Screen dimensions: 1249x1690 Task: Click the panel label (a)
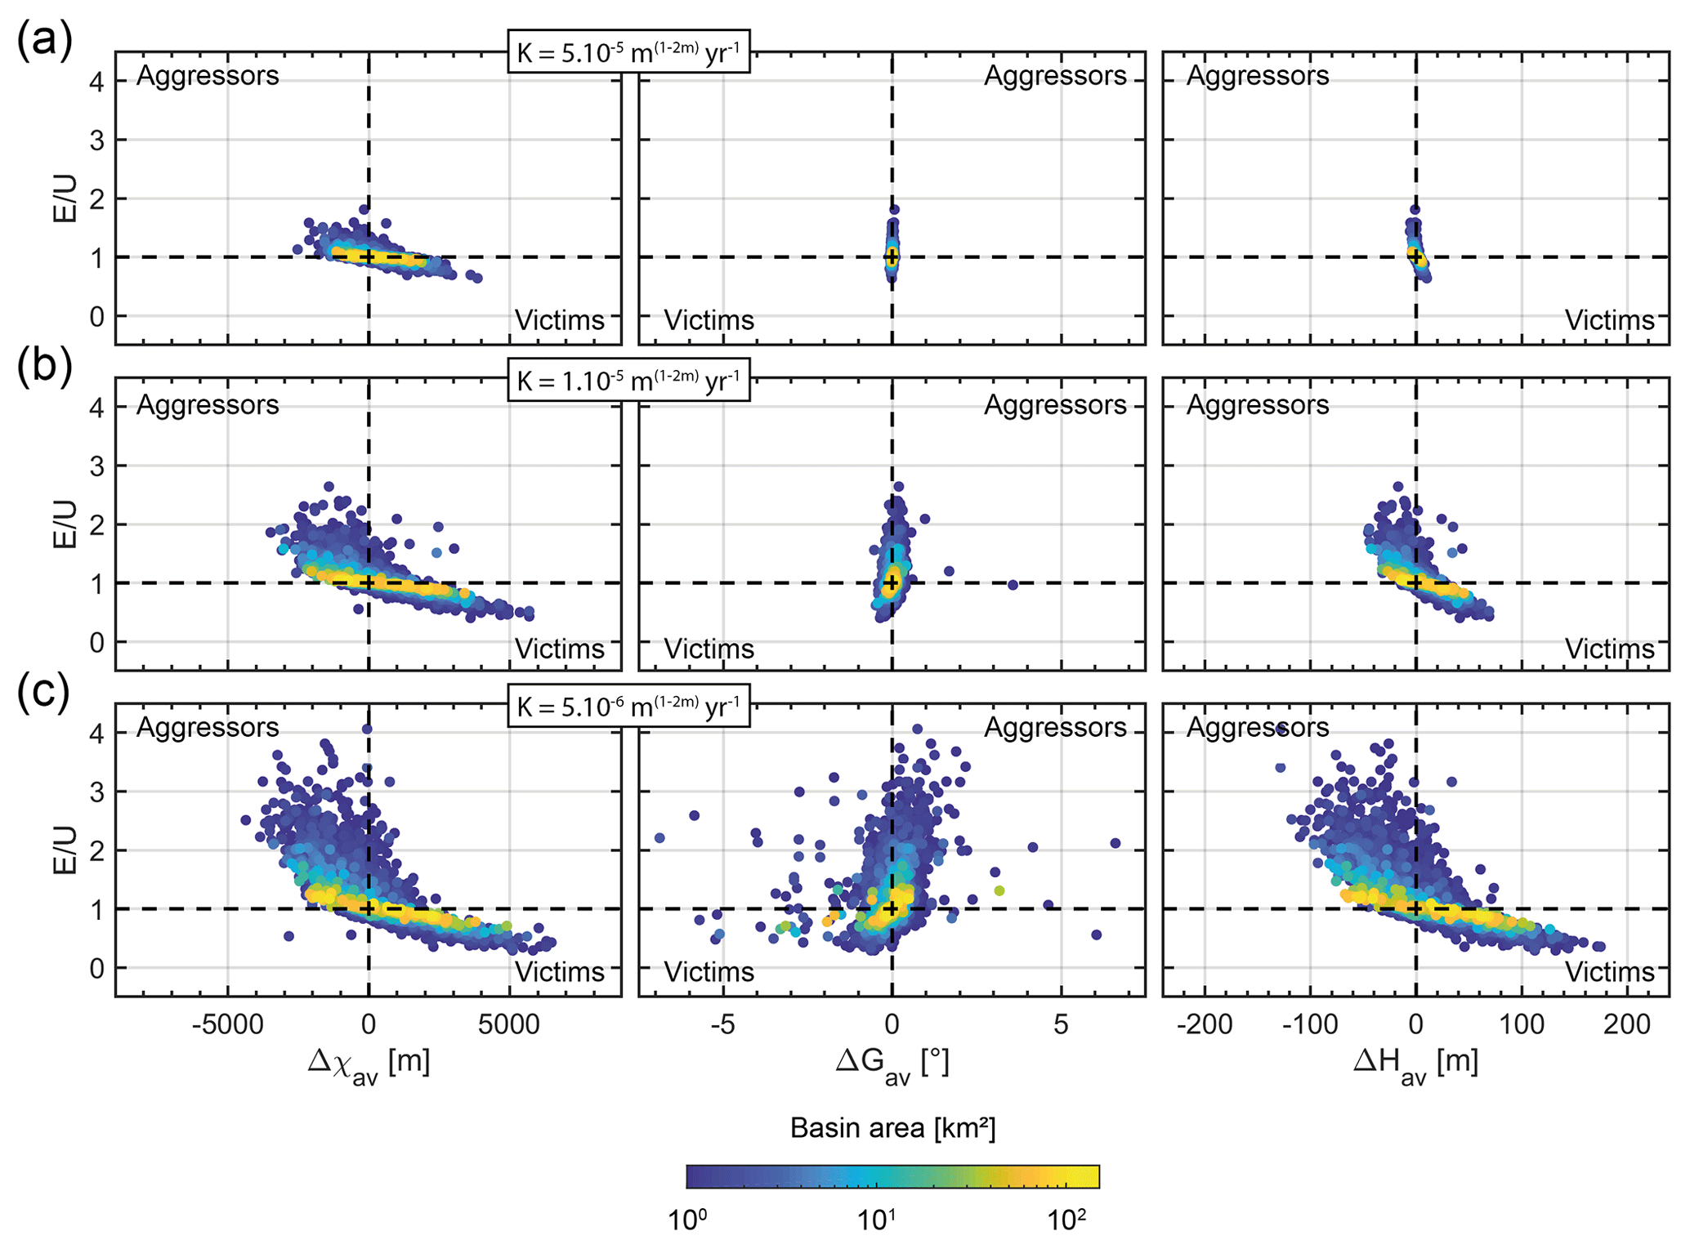44,39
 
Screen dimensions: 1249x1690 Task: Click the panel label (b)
44,364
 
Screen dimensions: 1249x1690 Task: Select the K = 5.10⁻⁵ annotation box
628,51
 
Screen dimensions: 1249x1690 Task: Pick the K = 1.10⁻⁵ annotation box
628,381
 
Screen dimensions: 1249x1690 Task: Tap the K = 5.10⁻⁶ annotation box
628,706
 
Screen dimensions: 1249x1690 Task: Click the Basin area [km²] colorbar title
892,1128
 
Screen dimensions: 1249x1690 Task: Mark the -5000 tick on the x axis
227,1024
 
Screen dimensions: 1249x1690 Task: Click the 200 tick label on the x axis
1626,1024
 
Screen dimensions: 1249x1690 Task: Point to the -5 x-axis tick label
722,1024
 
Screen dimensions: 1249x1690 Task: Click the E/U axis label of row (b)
65,524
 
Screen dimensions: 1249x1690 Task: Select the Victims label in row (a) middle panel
709,320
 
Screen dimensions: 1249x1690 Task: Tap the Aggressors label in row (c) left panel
208,727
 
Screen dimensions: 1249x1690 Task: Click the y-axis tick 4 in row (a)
96,81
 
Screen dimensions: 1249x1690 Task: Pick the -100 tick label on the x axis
1310,1024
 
